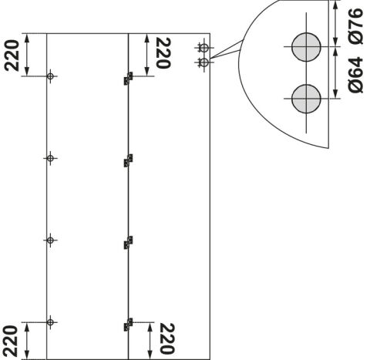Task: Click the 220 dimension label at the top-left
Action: tap(12, 56)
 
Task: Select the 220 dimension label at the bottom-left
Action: tap(11, 341)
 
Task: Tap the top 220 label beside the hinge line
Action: tap(163, 53)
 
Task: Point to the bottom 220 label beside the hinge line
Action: tap(167, 338)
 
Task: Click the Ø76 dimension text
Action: tap(356, 25)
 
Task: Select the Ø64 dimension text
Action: tap(356, 75)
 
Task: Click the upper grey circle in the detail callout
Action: tap(306, 47)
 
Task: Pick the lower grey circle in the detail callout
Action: tap(306, 99)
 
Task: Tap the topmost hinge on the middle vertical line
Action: tap(128, 79)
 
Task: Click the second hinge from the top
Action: tap(128, 160)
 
